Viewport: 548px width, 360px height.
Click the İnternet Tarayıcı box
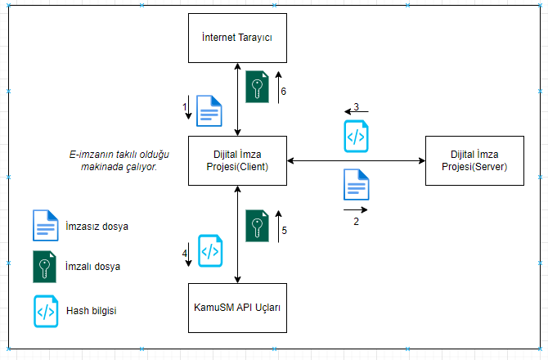pos(237,38)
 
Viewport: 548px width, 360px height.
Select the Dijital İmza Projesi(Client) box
pos(237,161)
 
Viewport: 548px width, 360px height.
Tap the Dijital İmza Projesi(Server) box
pos(475,161)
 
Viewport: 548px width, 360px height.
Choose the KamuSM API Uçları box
pos(237,308)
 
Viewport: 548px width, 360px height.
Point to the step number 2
pos(356,222)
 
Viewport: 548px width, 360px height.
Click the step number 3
pos(356,107)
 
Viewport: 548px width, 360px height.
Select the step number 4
pos(185,254)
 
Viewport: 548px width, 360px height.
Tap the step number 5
pos(284,231)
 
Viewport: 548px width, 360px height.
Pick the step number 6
pos(283,92)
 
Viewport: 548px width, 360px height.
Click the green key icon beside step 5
pos(258,226)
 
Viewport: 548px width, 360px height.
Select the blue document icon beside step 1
pos(210,111)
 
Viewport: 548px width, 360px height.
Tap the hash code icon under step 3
pos(355,136)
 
